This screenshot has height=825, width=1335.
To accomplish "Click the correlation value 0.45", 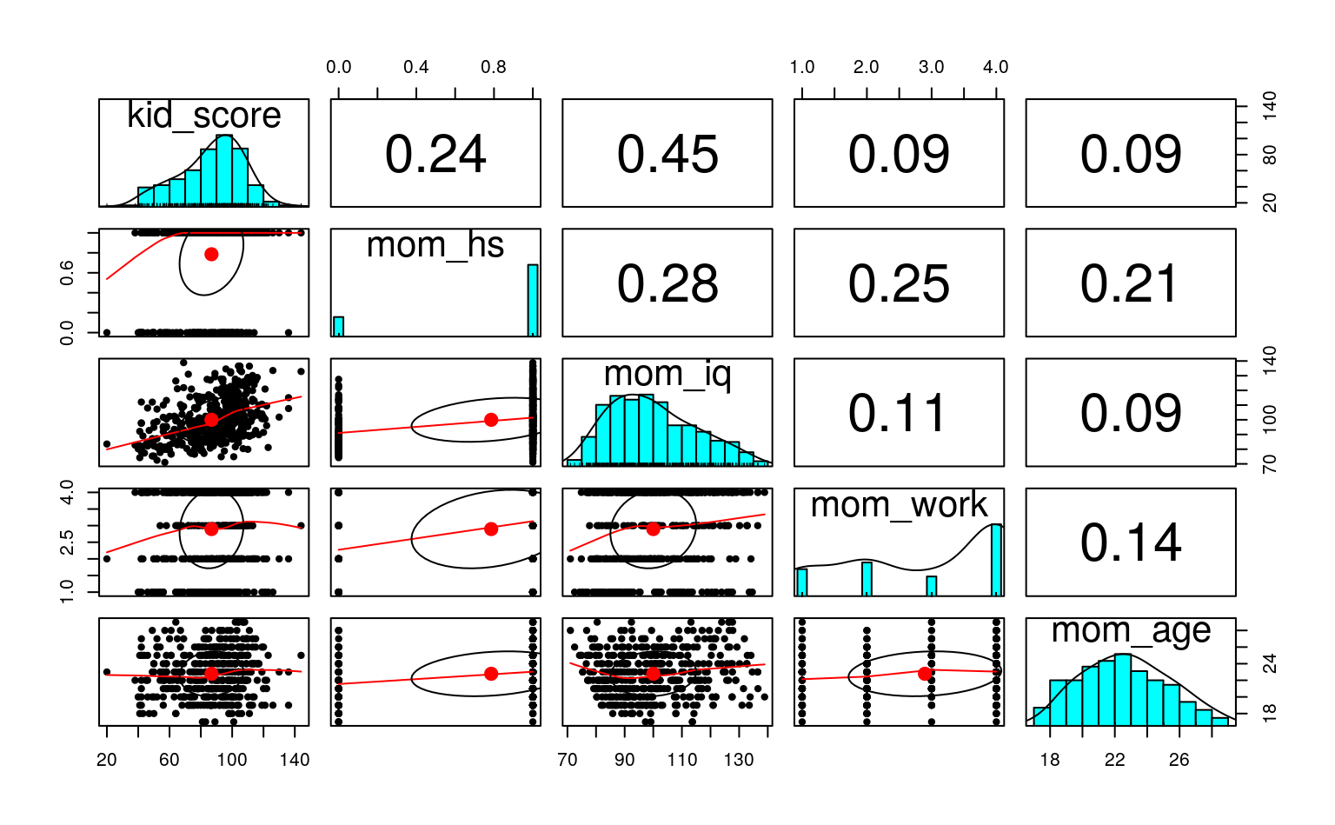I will (x=667, y=155).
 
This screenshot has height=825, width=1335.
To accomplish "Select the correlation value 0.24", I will (x=435, y=155).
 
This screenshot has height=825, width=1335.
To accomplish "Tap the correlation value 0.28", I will (x=667, y=284).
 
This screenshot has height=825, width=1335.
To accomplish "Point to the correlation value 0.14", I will (x=1131, y=543).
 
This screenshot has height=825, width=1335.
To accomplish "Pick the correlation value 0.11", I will (x=899, y=413).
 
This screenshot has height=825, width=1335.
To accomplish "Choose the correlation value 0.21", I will (x=1131, y=284).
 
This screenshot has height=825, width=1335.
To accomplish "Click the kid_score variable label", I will (x=204, y=116).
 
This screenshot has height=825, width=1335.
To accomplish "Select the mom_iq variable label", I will (x=667, y=374).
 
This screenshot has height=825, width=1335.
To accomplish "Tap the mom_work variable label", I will (x=899, y=505).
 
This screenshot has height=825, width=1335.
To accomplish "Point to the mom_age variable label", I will (x=1131, y=631).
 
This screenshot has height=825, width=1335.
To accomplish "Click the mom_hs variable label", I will (x=435, y=246).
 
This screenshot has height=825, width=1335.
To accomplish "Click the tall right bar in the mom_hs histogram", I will (x=533, y=300).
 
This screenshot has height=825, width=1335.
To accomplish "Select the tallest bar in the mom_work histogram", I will (x=996, y=560).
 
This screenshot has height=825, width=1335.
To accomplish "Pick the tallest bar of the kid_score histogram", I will (x=224, y=170).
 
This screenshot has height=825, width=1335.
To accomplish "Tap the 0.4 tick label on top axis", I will (x=415, y=68).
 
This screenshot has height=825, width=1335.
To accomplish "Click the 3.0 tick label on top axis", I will (x=931, y=68).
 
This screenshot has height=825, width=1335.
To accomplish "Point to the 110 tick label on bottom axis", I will (x=682, y=760).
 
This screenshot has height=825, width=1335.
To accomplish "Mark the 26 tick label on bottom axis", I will (x=1179, y=760).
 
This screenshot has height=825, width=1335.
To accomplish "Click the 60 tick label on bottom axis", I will (x=169, y=760).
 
